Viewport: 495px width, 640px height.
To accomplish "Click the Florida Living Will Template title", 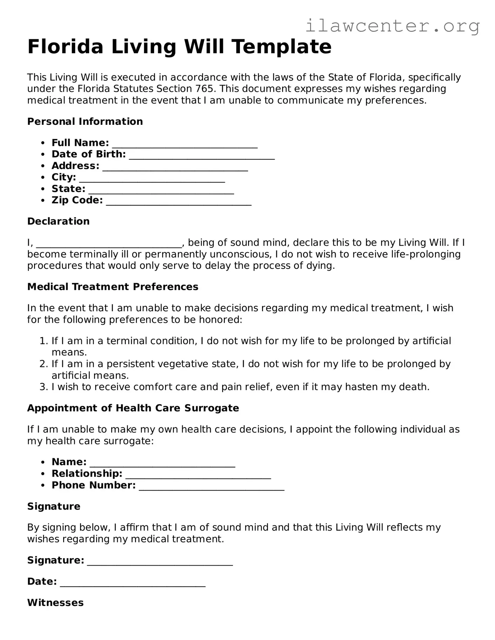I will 179,47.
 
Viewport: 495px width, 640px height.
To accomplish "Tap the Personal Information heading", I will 85,122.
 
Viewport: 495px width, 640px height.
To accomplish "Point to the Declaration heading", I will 58,222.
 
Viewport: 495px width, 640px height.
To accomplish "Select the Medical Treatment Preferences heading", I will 113,287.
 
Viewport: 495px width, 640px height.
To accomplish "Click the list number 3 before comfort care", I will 43,387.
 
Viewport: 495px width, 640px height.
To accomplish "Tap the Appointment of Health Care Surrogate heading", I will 133,408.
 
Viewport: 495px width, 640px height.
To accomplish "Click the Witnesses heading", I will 55,603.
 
